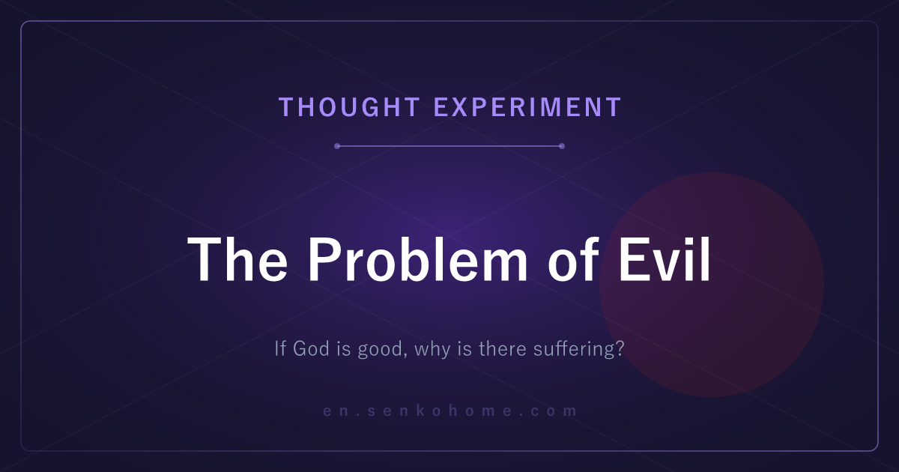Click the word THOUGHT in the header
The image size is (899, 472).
point(350,107)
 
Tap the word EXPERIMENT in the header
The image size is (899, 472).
point(527,107)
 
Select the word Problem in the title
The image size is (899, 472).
point(418,259)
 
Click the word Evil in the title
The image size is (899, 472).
point(665,259)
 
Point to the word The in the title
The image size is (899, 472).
point(237,259)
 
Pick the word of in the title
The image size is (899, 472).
point(573,259)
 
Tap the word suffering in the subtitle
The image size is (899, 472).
point(572,349)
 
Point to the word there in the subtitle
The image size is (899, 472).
point(503,348)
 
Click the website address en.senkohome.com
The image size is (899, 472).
point(449,411)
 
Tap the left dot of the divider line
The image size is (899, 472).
point(337,146)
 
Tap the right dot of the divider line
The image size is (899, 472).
point(562,146)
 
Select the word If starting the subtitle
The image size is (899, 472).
point(280,348)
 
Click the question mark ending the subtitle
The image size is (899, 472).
point(619,348)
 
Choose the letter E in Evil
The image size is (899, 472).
point(632,259)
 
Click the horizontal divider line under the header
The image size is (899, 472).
point(449,146)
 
